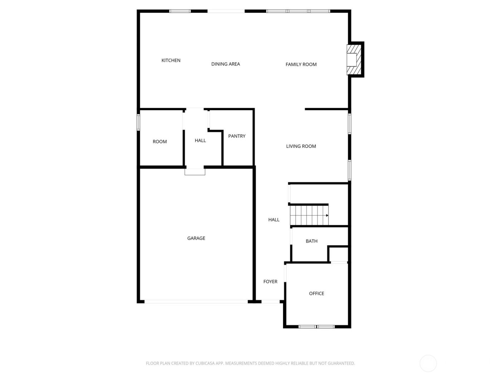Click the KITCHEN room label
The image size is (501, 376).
(171, 61)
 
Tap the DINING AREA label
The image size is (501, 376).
(225, 64)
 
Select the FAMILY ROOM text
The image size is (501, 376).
(301, 64)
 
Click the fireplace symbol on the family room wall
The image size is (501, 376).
(353, 59)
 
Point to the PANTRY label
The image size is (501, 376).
(237, 136)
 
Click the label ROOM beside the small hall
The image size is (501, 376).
(160, 142)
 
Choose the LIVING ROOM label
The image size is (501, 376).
(301, 146)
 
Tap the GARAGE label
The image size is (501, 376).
(196, 238)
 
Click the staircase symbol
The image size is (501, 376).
(309, 215)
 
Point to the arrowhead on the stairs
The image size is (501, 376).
(327, 215)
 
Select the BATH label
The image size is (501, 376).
(311, 241)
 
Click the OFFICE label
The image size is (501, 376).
(316, 294)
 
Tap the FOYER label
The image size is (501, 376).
(270, 282)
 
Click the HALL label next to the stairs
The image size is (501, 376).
(274, 220)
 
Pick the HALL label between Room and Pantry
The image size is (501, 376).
(200, 141)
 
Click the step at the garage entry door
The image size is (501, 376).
(195, 172)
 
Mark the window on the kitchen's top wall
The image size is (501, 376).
(180, 11)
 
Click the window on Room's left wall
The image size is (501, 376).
(138, 122)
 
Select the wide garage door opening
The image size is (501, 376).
(196, 302)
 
